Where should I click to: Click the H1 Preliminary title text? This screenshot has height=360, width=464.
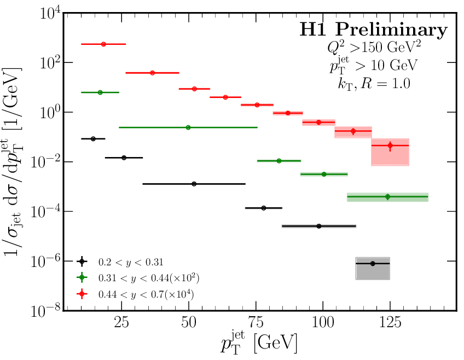click(373, 31)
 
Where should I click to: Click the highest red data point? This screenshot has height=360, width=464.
click(103, 44)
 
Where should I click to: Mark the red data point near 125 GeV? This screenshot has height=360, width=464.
click(390, 146)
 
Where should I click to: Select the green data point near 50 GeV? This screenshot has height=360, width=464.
click(188, 127)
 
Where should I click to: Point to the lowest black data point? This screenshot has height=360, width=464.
click(373, 264)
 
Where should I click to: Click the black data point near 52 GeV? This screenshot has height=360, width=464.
click(194, 184)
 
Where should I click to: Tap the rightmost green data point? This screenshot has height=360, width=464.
click(387, 196)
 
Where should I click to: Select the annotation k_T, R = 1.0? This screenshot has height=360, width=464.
click(373, 84)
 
